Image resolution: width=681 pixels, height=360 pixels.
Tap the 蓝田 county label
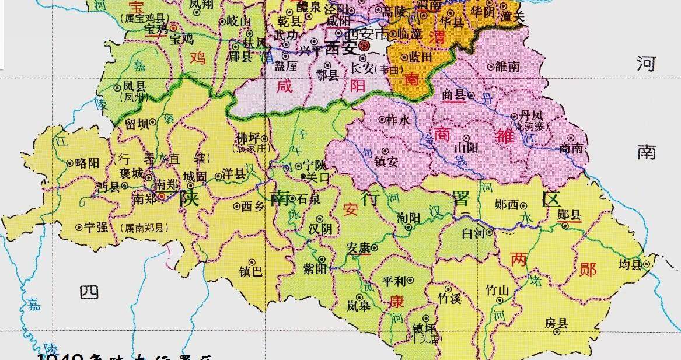click(420, 57)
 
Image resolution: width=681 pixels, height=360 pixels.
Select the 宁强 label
click(96, 228)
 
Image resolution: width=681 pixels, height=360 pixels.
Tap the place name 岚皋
click(358, 306)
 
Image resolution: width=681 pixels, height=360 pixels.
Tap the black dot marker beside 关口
click(302, 176)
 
